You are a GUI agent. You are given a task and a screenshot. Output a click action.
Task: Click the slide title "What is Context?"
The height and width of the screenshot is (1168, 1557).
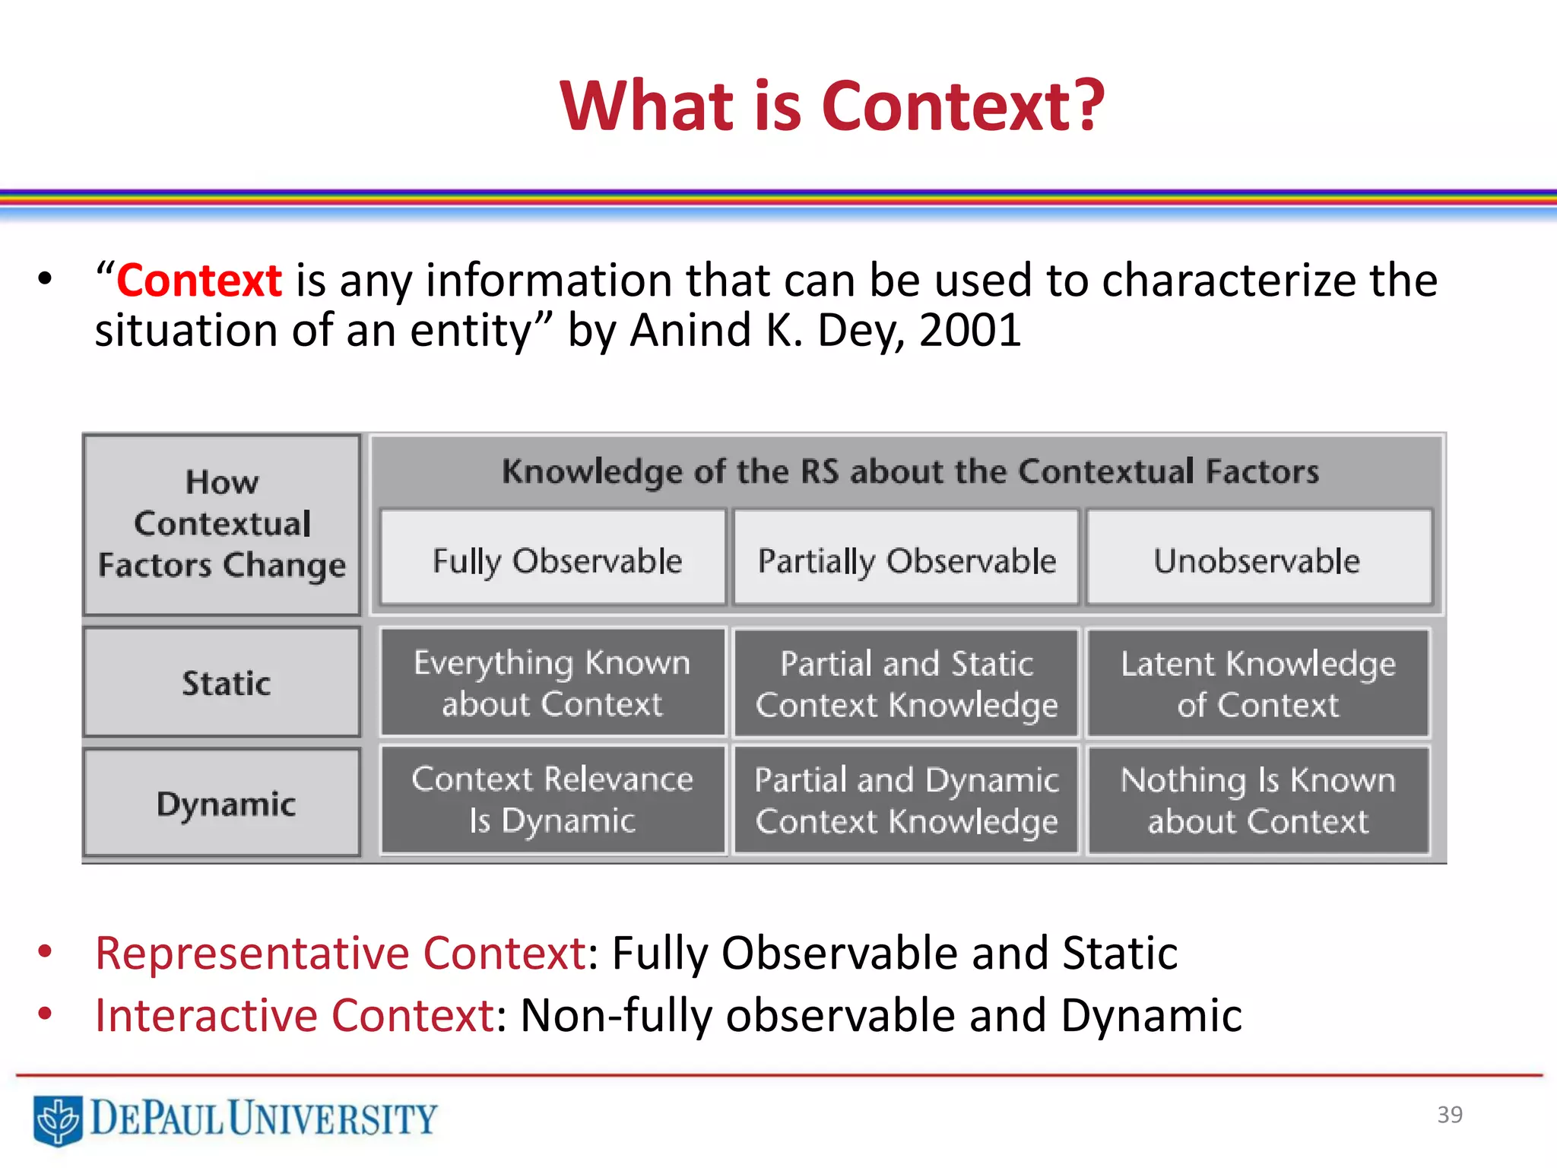pos(832,106)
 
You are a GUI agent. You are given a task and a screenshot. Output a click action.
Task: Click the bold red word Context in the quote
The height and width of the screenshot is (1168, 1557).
pos(199,280)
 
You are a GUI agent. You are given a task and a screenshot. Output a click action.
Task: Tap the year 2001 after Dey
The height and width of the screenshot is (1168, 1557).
pos(969,330)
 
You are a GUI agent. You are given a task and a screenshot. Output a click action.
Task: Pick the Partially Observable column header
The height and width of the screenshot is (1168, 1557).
pos(906,560)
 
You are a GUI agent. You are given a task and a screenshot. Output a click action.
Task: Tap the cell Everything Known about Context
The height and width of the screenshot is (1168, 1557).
pos(553,682)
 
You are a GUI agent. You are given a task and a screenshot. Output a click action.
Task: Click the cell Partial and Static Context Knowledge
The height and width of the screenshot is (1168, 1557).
pos(906,683)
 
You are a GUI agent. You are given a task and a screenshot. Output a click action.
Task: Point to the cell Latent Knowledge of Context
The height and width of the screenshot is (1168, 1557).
pos(1257,683)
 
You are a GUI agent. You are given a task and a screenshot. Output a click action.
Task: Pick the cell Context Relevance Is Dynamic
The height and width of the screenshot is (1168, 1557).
pos(553,799)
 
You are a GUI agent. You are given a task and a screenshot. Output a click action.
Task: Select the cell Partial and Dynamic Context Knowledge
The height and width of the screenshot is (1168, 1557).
pos(906,800)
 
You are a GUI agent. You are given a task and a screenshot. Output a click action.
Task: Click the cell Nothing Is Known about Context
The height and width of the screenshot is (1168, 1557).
pos(1257,800)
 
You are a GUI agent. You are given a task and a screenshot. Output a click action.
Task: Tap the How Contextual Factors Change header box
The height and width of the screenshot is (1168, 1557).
pos(222,523)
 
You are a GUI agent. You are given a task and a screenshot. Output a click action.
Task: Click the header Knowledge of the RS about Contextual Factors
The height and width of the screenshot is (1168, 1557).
pos(910,471)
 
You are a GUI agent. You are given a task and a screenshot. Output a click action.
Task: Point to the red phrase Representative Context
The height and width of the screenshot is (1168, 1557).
pos(340,953)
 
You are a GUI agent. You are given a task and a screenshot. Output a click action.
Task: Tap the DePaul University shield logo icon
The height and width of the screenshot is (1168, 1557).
pos(58,1119)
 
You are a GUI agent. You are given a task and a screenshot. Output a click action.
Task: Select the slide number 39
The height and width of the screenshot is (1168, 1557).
pos(1449,1114)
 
